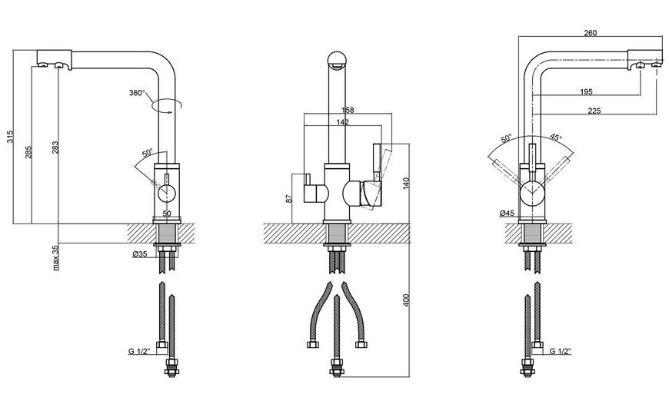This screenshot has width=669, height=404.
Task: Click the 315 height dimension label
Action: tap(11, 137)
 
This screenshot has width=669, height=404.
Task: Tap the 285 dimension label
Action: tap(28, 152)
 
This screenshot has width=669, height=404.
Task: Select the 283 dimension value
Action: tap(55, 147)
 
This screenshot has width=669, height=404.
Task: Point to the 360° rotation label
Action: tap(137, 93)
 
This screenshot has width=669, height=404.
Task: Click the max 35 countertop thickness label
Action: tap(55, 258)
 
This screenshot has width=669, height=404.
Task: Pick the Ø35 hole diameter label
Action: tap(140, 254)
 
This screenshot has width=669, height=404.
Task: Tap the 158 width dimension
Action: tap(348, 110)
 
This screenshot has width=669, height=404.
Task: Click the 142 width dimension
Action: tap(343, 122)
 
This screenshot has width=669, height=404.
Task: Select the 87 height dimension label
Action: tap(289, 198)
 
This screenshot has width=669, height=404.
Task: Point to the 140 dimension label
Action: tap(406, 184)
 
